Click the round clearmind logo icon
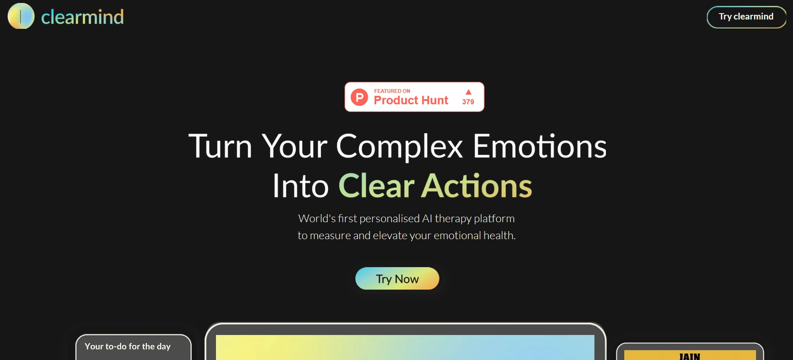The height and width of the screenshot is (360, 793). pos(21,16)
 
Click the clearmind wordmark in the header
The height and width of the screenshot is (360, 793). pos(82,17)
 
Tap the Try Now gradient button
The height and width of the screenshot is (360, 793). pos(397,279)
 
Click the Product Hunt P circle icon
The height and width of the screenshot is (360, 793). pos(359,97)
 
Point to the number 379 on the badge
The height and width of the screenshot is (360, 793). pos(468,102)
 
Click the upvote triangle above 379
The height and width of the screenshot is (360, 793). pos(468,92)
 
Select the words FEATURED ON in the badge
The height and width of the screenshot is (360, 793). pos(392,91)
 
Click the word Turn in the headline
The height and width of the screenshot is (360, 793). pos(220,146)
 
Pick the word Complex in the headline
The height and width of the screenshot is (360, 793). pos(399,146)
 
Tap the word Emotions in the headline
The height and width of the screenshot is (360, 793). pos(539,146)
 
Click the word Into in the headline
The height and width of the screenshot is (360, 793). pos(300,186)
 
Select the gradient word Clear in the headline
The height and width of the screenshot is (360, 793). pos(376,186)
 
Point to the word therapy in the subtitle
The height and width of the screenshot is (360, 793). pos(453,219)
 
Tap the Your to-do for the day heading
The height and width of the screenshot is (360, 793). pos(127,346)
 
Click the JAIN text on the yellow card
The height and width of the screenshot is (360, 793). pos(689,356)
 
